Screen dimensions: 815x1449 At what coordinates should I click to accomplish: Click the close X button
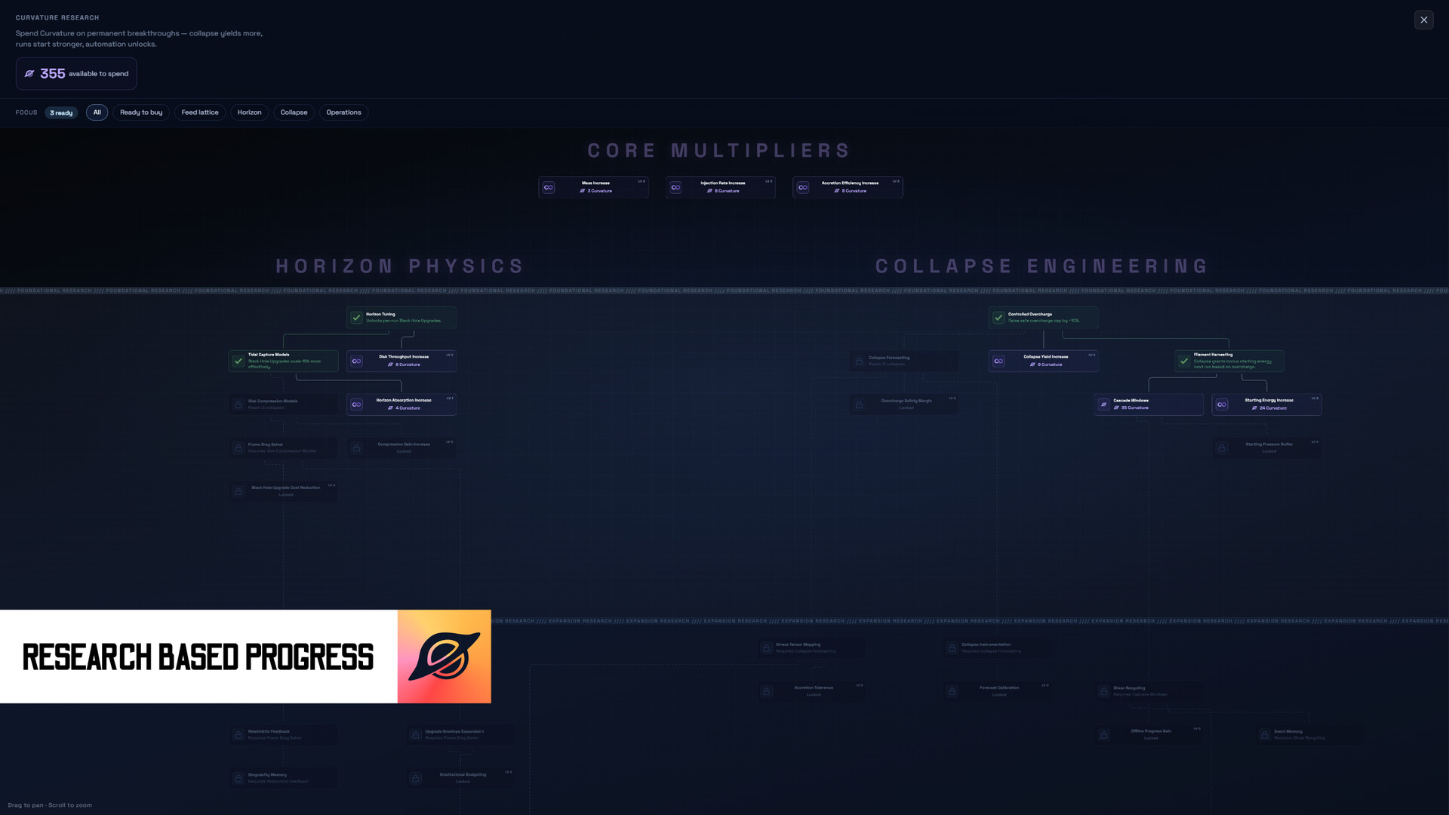[1423, 20]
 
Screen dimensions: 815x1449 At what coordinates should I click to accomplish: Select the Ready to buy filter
[141, 112]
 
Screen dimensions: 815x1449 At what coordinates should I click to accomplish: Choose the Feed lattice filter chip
[200, 112]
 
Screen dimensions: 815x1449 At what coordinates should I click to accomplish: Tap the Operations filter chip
[343, 112]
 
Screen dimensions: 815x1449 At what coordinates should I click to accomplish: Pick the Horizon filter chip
[249, 112]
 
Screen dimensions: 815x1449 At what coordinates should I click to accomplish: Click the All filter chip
[97, 112]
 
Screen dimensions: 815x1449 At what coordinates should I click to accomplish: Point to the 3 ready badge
[61, 113]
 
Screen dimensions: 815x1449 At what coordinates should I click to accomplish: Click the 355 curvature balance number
[53, 74]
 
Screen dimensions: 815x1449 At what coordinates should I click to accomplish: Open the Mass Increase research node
[593, 187]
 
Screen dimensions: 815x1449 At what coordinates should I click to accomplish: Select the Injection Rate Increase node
[720, 187]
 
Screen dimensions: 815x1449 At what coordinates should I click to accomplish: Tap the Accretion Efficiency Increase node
[848, 187]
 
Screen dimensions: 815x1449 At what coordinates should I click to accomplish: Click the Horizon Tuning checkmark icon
[356, 318]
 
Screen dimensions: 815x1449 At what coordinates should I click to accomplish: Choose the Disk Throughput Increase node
[401, 361]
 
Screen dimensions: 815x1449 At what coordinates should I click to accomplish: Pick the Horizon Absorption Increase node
[401, 404]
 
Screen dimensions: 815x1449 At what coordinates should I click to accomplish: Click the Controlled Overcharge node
[1043, 318]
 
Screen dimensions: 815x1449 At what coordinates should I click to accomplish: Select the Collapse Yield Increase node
[1043, 361]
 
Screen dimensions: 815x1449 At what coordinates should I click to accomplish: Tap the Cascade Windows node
[1148, 404]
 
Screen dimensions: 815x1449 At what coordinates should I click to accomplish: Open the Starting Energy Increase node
[1266, 404]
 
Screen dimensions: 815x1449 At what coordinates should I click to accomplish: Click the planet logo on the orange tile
[444, 657]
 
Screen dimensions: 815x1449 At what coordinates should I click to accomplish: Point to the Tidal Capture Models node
[283, 361]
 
